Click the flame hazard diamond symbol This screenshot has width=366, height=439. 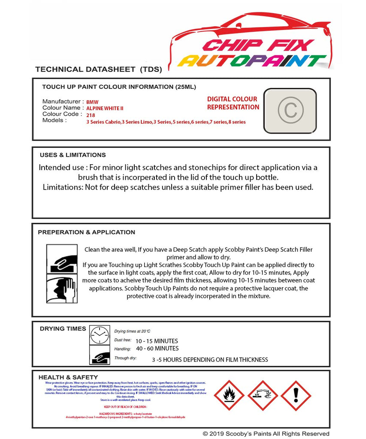tap(229, 396)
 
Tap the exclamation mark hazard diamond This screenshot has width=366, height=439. tap(296, 396)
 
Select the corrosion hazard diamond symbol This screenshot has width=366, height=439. tap(263, 396)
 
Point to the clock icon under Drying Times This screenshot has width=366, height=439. tap(100, 335)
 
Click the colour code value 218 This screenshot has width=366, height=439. tap(91, 115)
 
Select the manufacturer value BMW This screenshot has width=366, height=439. tap(92, 102)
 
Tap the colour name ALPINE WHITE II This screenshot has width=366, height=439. tap(105, 108)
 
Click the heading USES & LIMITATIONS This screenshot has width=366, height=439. tap(73, 155)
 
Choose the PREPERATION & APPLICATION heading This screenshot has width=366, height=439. tap(86, 232)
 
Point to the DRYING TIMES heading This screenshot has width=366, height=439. tap(63, 329)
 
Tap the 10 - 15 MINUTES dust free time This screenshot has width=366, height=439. tap(157, 341)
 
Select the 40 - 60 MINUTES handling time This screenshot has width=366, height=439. tap(157, 349)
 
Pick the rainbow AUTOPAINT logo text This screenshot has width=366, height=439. tap(252, 61)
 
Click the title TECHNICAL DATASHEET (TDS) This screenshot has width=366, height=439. tap(98, 69)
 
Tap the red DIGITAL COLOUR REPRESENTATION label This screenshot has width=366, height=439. tap(233, 103)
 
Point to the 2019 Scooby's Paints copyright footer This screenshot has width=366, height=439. tap(266, 434)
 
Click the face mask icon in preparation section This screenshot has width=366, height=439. tap(62, 290)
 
